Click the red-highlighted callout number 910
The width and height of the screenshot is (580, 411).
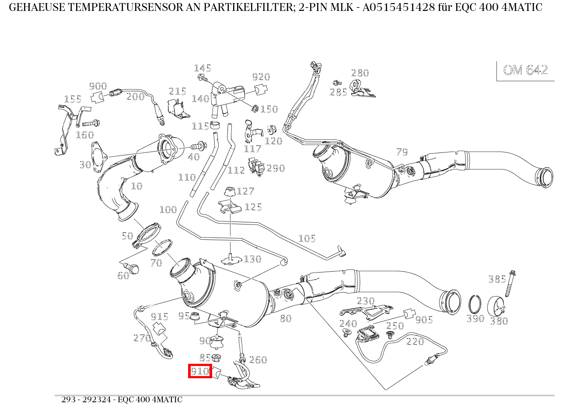coord(200,371)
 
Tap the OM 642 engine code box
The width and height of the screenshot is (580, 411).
coord(525,70)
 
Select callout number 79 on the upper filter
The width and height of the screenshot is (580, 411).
coord(402,152)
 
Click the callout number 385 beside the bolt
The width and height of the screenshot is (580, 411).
coord(497,279)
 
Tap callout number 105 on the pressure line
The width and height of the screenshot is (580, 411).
coord(307,238)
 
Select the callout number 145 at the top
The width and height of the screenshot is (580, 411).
coord(203,68)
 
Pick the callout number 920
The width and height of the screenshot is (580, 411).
coord(261,77)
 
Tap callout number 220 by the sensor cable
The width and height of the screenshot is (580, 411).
coord(415,341)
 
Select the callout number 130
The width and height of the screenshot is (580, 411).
coord(252,259)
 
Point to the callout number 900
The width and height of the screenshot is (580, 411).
coord(98,86)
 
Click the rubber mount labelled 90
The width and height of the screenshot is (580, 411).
coord(218,340)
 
